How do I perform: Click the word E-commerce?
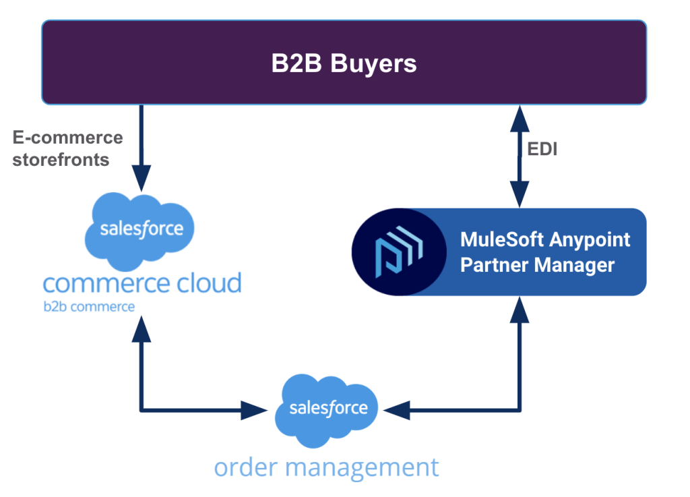[68, 138]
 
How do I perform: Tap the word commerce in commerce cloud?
[102, 283]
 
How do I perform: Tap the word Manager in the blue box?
[577, 264]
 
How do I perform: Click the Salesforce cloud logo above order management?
[328, 408]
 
